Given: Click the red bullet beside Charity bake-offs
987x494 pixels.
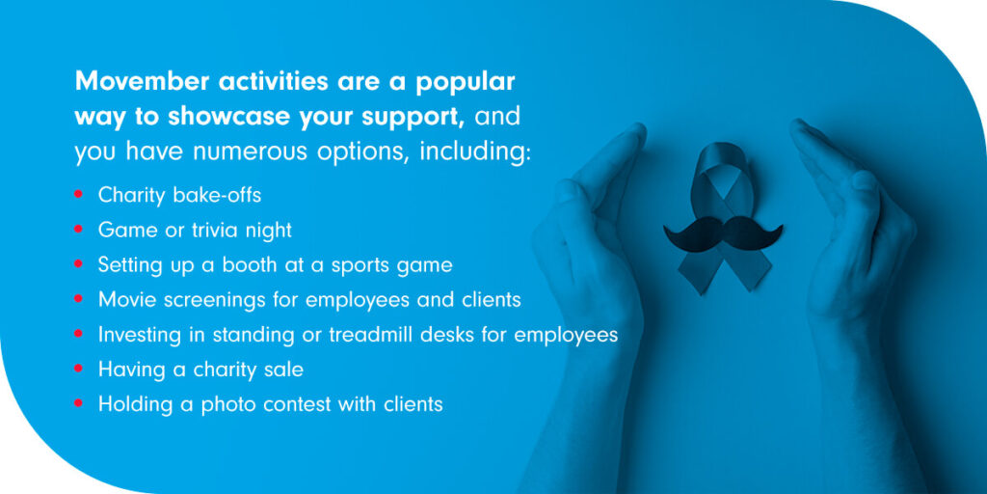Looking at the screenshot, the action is point(78,195).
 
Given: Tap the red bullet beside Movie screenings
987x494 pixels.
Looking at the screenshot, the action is point(78,299).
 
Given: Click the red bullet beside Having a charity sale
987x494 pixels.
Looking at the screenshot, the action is point(78,368).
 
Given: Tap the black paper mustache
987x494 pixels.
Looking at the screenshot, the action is point(723,233).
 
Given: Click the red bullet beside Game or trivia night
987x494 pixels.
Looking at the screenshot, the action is point(78,230).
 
